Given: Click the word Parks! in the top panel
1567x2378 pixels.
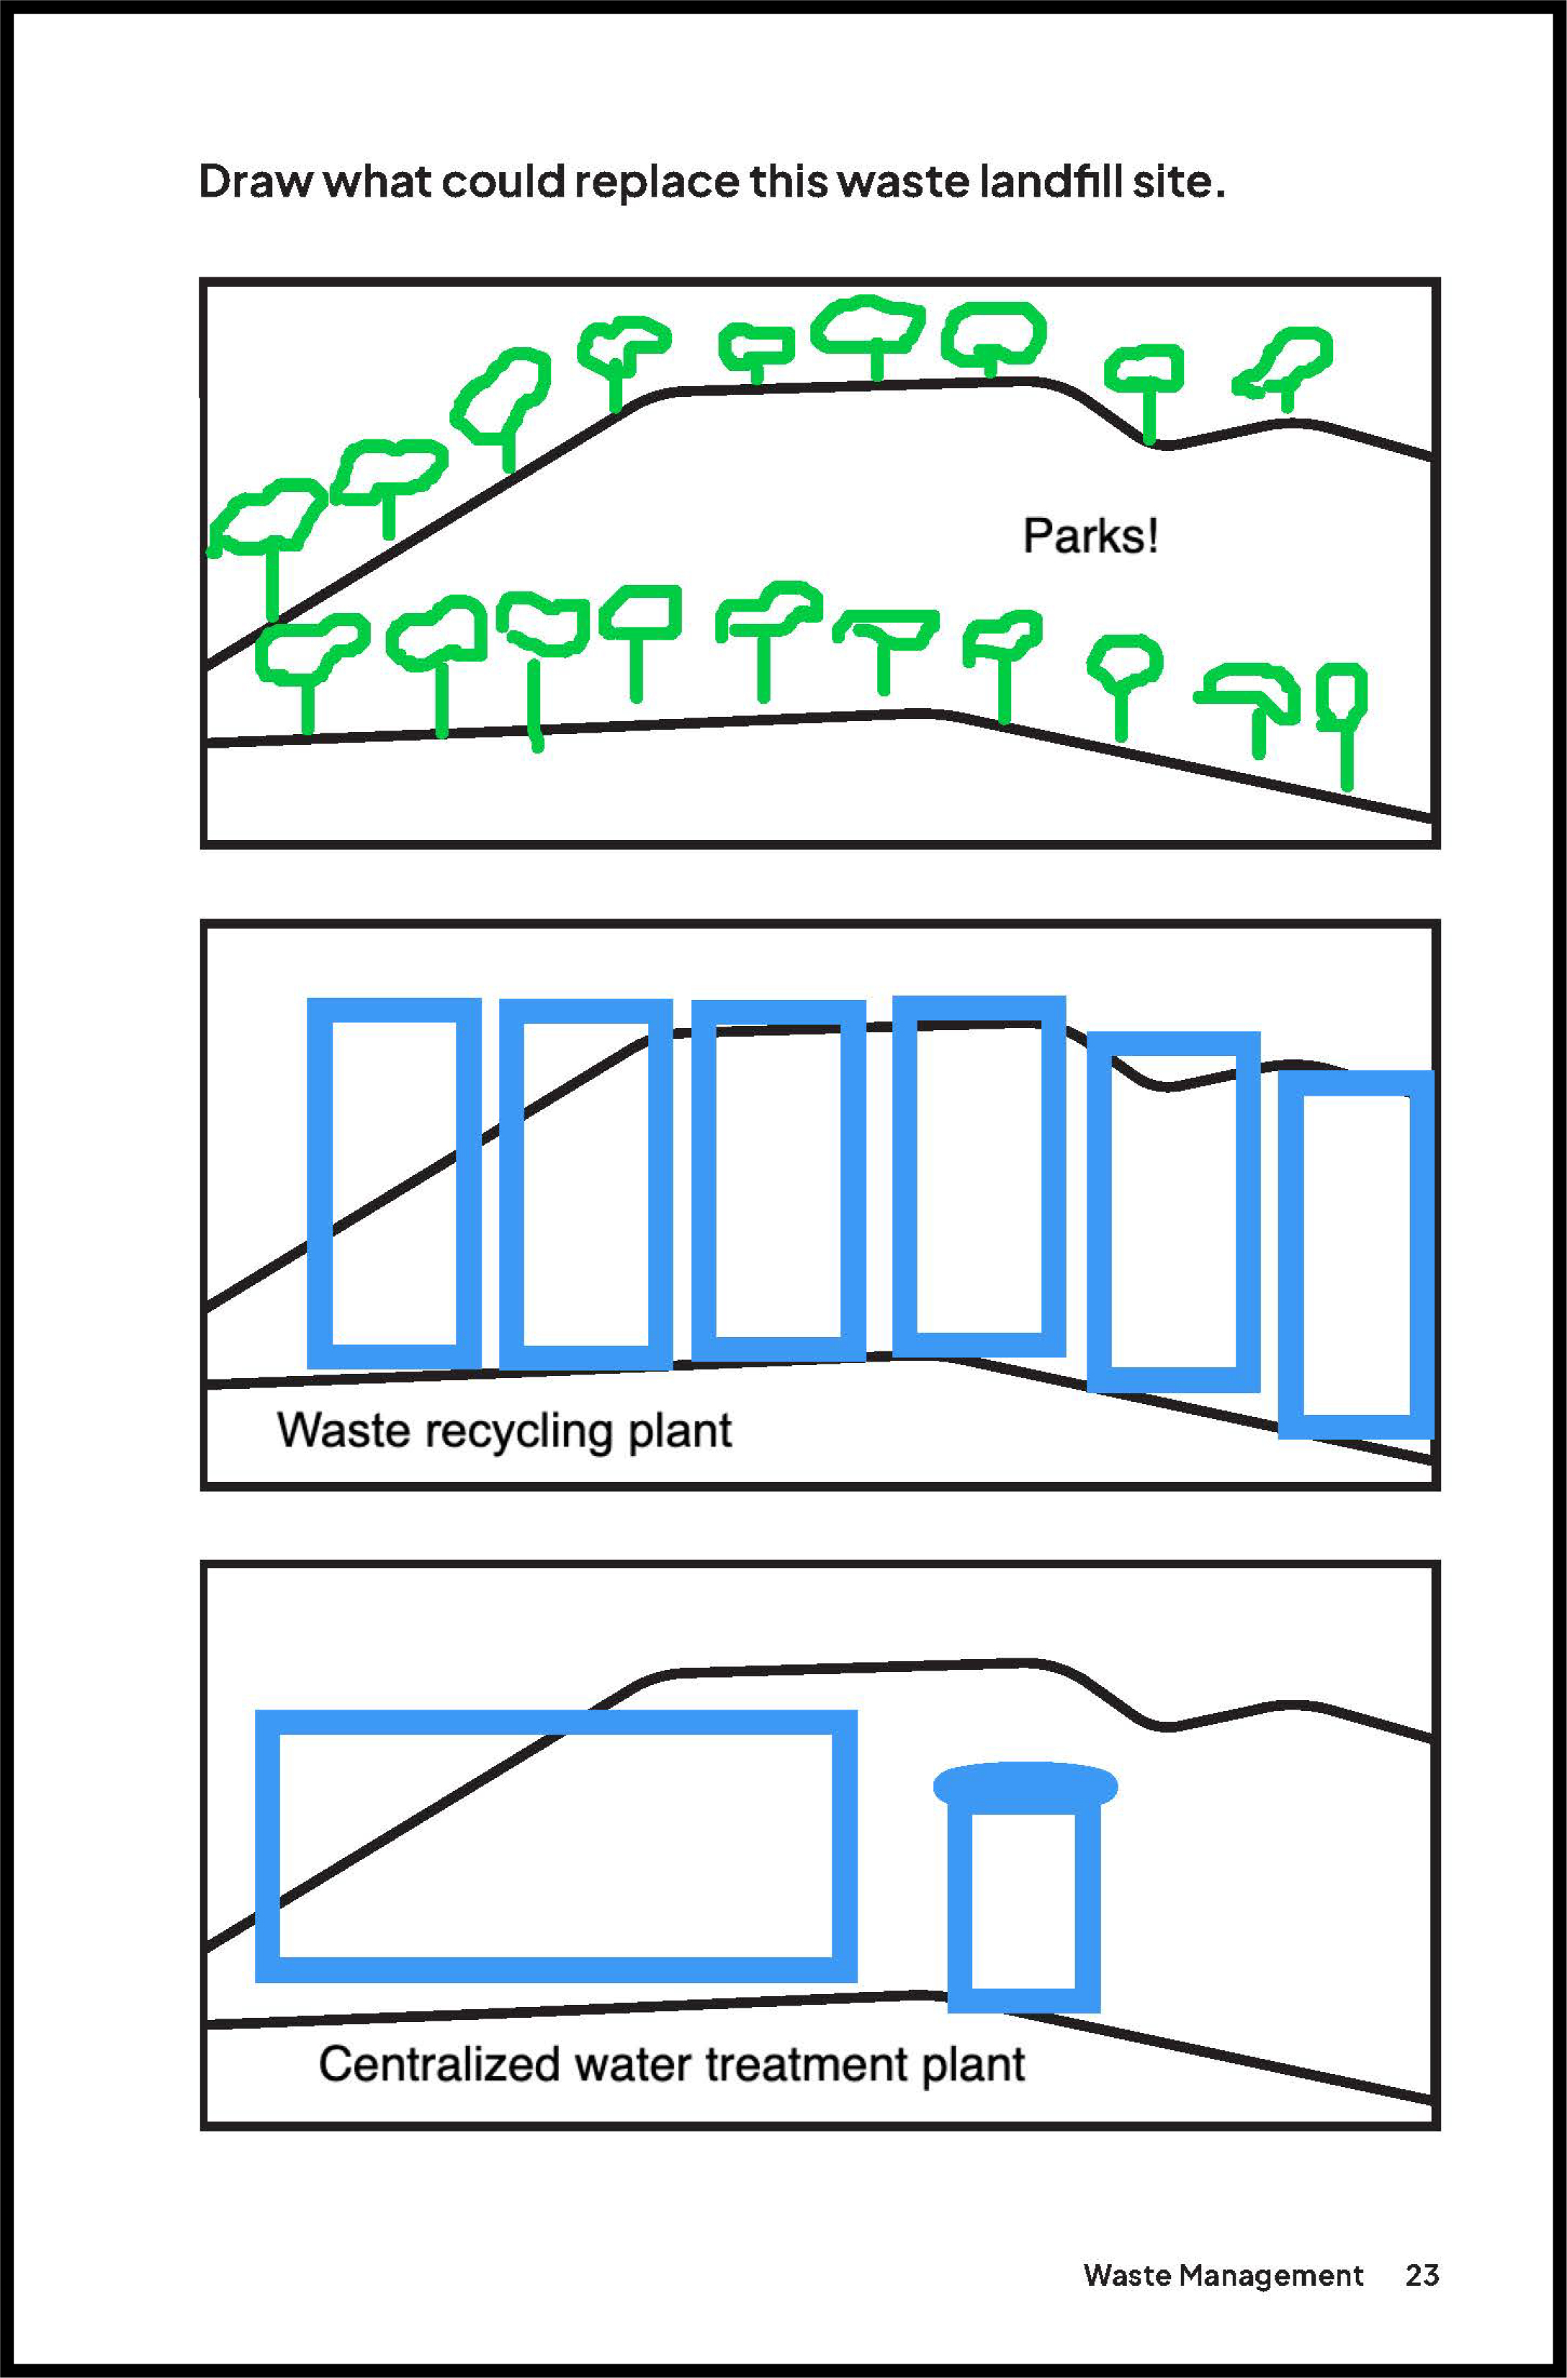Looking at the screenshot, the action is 1090,537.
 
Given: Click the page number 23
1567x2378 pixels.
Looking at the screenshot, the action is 1421,2275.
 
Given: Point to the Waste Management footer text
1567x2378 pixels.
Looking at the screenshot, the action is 1222,2276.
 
